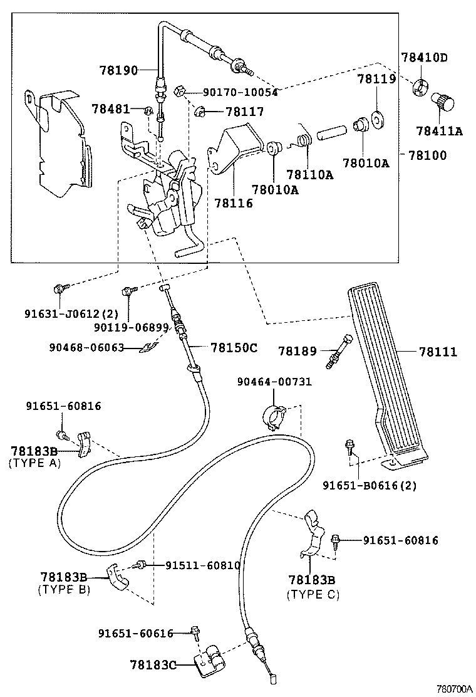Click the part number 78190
click(x=118, y=70)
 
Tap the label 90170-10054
click(x=241, y=93)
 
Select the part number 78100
click(x=427, y=155)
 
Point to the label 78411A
click(x=439, y=131)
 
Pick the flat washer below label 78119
click(x=378, y=119)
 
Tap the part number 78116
click(x=234, y=203)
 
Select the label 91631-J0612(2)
click(x=71, y=314)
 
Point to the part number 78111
click(x=438, y=352)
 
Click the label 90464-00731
click(x=274, y=381)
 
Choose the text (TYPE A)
click(x=34, y=463)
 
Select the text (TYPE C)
click(x=313, y=594)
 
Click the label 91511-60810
click(x=203, y=565)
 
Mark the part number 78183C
click(x=153, y=665)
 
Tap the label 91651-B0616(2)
click(x=370, y=485)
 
